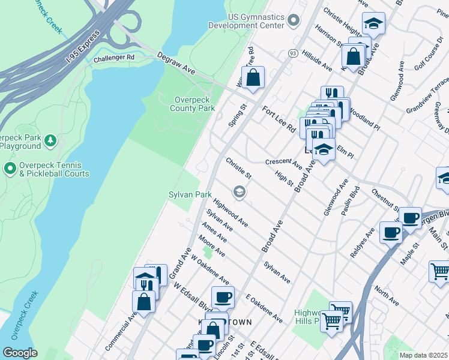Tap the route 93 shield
coord(293,53)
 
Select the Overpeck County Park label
coord(192,104)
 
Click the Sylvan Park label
coord(190,195)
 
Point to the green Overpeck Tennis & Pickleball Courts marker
coord(10,168)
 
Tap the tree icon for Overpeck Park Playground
coord(51,141)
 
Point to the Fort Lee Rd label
coord(280,119)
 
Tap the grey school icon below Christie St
coord(240,191)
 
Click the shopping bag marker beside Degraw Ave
coord(253,78)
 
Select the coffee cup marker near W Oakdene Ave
coord(223,297)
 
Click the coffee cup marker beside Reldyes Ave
coord(391,232)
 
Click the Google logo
coord(20,353)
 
